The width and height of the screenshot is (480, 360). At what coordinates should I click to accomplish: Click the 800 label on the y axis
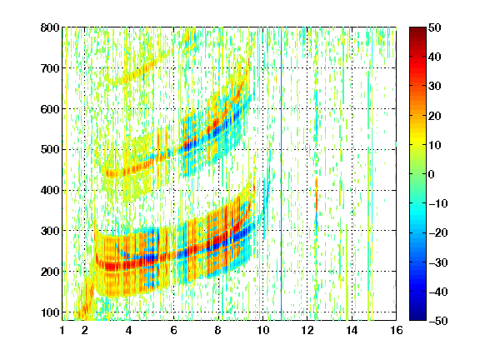pos(50,27)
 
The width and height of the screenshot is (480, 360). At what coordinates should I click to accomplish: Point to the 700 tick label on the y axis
pos(50,68)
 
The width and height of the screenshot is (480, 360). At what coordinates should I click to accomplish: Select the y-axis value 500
pos(50,150)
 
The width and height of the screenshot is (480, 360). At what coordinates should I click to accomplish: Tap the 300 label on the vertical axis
pos(50,231)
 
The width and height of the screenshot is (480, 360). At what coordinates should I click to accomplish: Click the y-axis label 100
pos(50,312)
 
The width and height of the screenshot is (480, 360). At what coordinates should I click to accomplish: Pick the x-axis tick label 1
pos(62,330)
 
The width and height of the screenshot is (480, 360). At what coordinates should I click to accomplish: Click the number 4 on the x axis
pos(129,330)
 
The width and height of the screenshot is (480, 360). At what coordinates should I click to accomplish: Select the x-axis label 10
pos(262,330)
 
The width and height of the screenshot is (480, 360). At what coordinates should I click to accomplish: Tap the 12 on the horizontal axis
pos(307,330)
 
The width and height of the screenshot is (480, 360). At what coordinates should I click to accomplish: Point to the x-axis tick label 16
pos(396,330)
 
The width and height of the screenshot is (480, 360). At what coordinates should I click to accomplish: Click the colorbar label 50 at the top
pos(434,27)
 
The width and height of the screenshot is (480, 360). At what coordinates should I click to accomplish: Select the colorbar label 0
pos(432,174)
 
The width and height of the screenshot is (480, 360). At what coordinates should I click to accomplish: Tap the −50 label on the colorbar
pos(438,321)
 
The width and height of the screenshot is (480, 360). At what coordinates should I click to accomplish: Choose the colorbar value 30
pos(434,87)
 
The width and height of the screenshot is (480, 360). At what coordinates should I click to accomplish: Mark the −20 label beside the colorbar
pos(438,232)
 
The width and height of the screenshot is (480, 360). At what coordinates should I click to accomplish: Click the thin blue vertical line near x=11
pos(282,173)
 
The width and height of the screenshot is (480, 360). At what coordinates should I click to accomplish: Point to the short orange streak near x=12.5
pos(317,193)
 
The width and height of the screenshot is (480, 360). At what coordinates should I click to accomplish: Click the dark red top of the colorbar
pos(417,31)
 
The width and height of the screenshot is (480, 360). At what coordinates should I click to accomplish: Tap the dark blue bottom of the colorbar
pos(417,317)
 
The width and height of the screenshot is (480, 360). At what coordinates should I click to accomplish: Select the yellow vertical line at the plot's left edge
pos(66,173)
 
